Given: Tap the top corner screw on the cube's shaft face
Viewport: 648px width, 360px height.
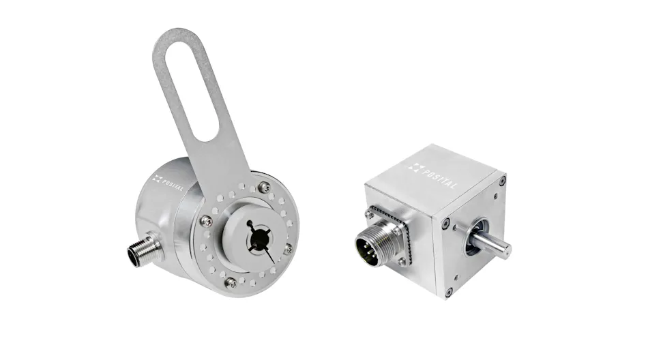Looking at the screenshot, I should tap(503, 181).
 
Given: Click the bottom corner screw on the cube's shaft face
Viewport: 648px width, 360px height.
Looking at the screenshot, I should tap(448, 292).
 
